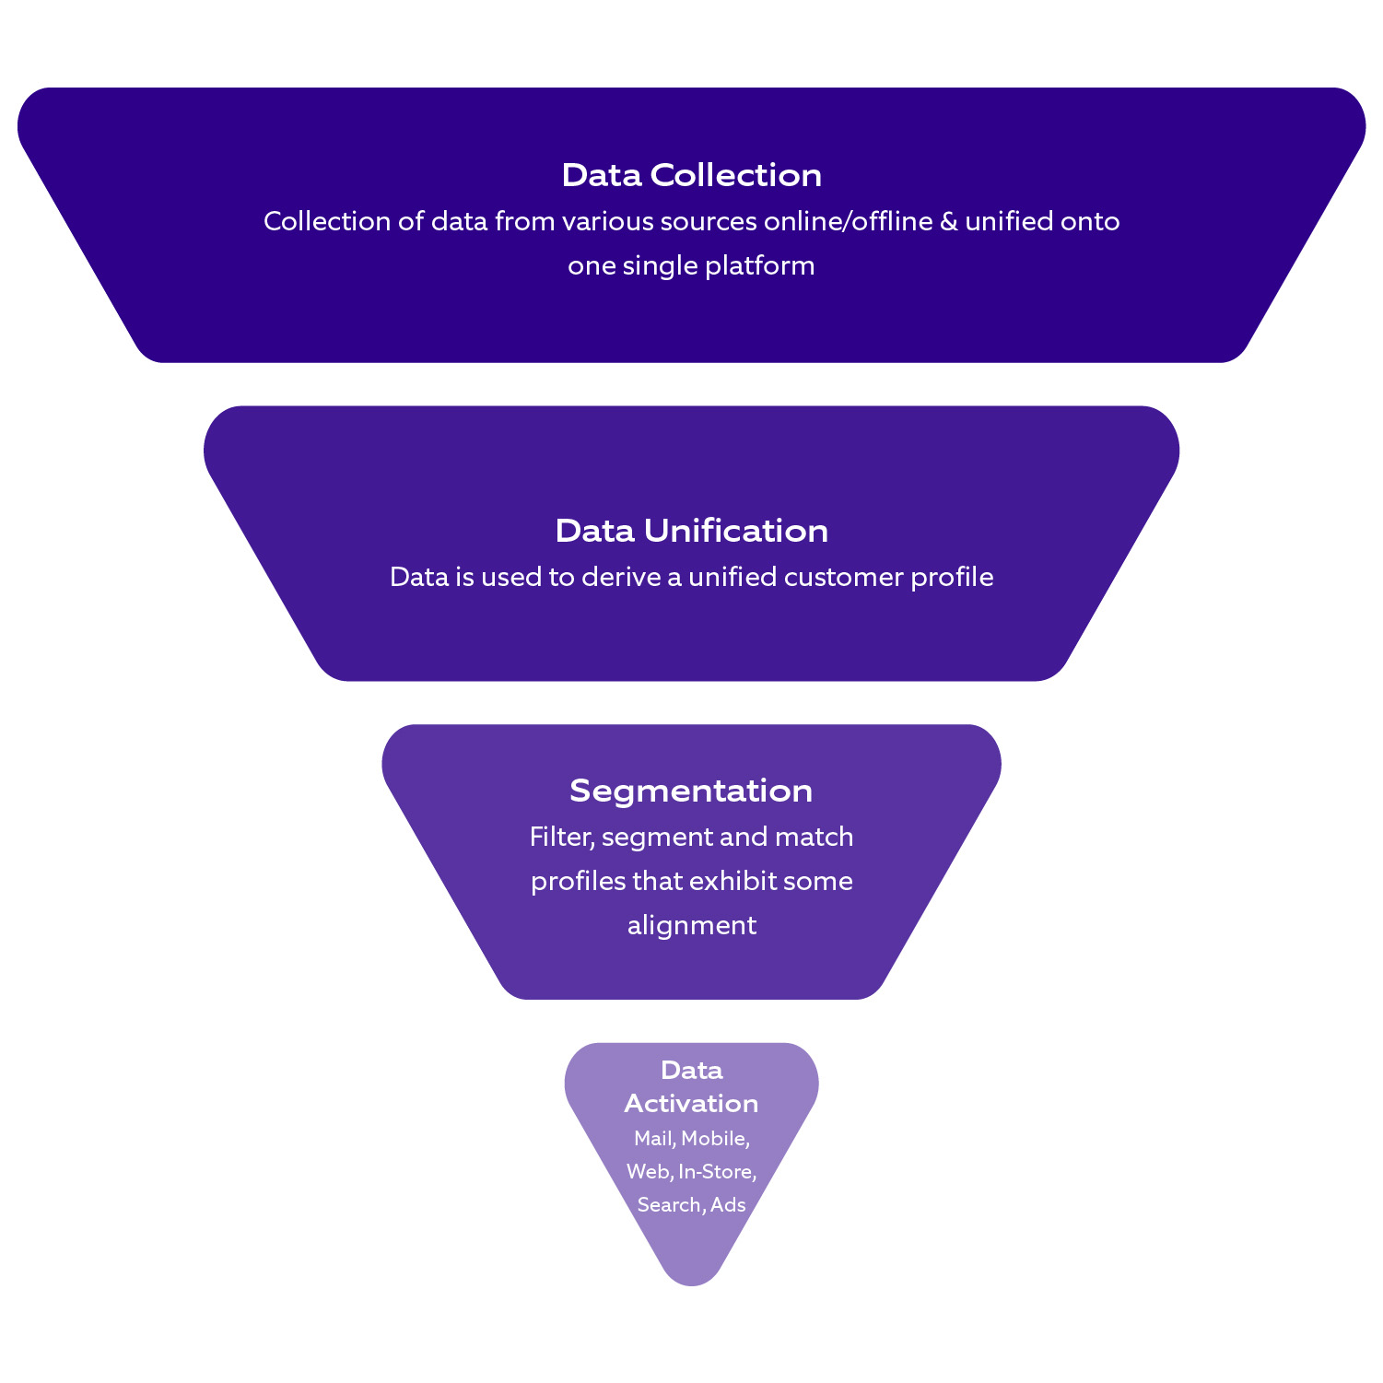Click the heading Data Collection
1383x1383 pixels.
point(691,175)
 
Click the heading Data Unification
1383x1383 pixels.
point(691,531)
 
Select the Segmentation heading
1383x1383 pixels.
point(691,791)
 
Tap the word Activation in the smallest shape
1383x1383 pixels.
point(691,1103)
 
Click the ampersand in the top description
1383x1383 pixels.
point(949,222)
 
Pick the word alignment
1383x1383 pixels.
point(691,926)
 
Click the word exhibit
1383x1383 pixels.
point(733,881)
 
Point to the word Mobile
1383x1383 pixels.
point(715,1139)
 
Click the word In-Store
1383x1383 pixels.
point(717,1172)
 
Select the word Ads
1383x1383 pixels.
point(728,1205)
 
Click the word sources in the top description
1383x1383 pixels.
point(709,222)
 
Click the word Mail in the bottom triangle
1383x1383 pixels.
point(654,1139)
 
